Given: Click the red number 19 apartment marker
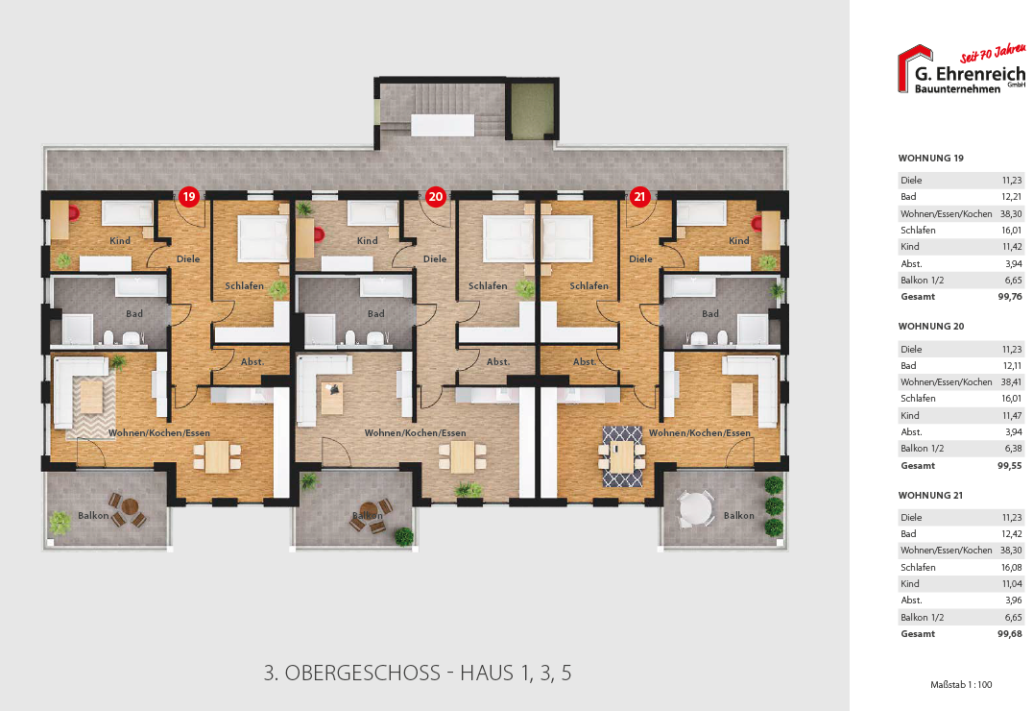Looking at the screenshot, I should tap(188, 197).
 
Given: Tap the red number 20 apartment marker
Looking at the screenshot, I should tap(435, 197).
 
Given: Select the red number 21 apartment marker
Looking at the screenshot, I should tap(639, 197).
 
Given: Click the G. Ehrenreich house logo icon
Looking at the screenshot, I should tap(915, 69).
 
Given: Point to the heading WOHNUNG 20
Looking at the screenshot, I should tap(930, 327).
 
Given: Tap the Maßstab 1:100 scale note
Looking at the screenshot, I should tap(961, 684).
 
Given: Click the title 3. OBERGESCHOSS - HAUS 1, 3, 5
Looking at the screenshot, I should tap(418, 673).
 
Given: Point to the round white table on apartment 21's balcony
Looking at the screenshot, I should tap(695, 507).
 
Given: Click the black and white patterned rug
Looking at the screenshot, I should tap(622, 455).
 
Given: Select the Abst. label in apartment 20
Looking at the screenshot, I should tap(497, 362).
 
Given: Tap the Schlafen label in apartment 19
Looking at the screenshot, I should tap(244, 286).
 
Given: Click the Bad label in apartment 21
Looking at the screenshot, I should tap(709, 314).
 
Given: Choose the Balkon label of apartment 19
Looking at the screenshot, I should tap(93, 516).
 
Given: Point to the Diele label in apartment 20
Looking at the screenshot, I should tap(435, 259).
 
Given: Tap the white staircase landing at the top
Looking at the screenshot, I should tap(442, 125).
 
